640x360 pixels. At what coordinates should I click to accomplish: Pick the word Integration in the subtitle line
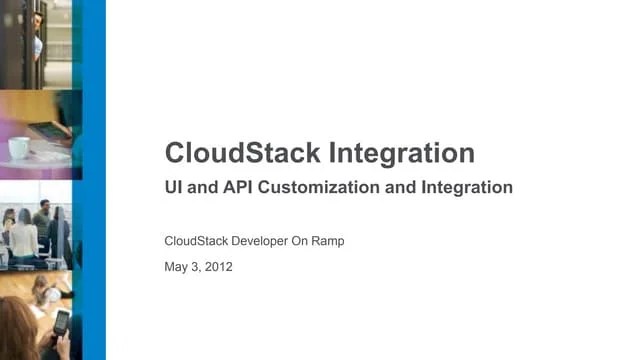[x=464, y=187]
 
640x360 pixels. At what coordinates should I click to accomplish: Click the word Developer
[x=270, y=241]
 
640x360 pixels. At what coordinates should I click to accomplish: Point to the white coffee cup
[x=18, y=148]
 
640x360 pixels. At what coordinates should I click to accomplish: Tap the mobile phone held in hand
[x=60, y=322]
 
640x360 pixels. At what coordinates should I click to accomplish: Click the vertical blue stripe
[x=93, y=180]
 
